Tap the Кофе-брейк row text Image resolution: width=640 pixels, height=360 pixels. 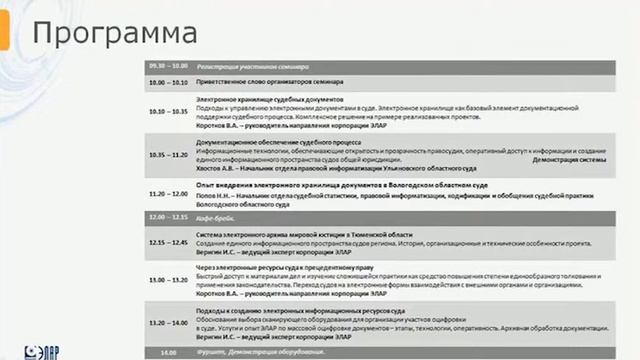(215, 217)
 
